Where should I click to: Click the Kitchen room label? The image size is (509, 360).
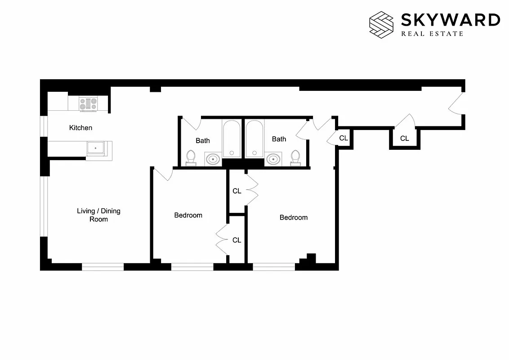[x=80, y=128]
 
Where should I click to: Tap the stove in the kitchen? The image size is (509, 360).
[x=88, y=104]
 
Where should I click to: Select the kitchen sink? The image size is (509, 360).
[x=96, y=148]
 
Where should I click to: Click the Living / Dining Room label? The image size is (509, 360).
[x=98, y=215]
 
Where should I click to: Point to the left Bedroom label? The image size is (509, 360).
[x=188, y=215]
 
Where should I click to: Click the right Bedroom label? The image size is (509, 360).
[x=294, y=217]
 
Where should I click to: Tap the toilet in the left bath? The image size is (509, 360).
[x=191, y=157]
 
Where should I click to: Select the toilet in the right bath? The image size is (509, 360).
[x=295, y=157]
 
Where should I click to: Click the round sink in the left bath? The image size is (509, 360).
[x=213, y=159]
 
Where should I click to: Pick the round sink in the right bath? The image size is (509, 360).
[x=273, y=159]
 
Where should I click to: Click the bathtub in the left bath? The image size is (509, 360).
[x=232, y=139]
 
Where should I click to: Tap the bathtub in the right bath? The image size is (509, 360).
[x=254, y=139]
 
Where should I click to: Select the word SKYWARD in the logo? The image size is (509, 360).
[x=450, y=20]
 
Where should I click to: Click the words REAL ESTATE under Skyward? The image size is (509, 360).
[x=432, y=34]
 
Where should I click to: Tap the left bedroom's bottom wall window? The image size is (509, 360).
[x=192, y=266]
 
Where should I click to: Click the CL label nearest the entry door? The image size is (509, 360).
[x=404, y=139]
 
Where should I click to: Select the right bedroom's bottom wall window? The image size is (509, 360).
[x=274, y=266]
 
